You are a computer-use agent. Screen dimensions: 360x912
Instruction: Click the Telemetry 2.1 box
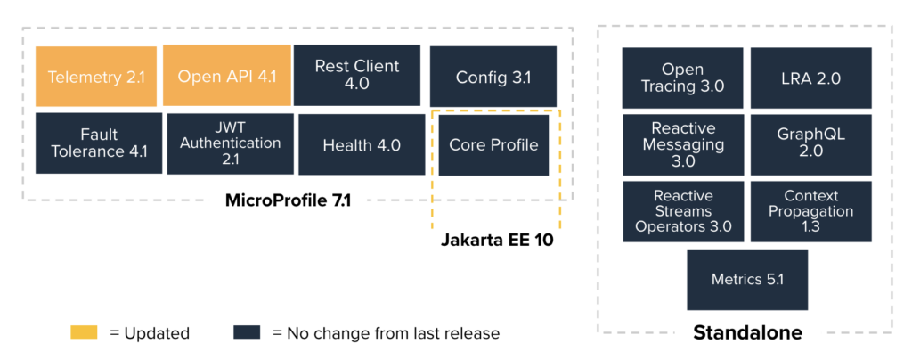(x=97, y=76)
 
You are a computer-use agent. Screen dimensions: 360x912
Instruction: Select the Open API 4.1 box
(x=227, y=76)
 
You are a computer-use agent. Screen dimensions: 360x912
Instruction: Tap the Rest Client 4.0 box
(x=358, y=75)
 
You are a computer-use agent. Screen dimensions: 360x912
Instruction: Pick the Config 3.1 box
(x=493, y=77)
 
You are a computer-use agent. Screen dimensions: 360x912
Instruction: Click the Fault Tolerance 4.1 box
(x=99, y=143)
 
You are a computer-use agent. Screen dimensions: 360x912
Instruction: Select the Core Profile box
(x=493, y=144)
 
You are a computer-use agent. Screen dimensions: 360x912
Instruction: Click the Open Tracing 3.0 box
(x=683, y=78)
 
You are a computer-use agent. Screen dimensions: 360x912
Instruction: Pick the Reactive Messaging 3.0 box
(x=683, y=144)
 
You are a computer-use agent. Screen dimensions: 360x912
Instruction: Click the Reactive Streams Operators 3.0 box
(x=683, y=211)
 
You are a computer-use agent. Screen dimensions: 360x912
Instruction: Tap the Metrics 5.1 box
(x=747, y=279)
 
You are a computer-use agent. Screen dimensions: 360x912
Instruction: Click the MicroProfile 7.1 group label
(x=289, y=201)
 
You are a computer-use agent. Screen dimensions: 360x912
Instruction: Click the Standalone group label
(x=747, y=333)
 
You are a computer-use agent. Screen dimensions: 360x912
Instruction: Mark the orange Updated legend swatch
(x=85, y=333)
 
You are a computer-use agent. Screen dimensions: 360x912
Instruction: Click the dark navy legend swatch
(x=247, y=333)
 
